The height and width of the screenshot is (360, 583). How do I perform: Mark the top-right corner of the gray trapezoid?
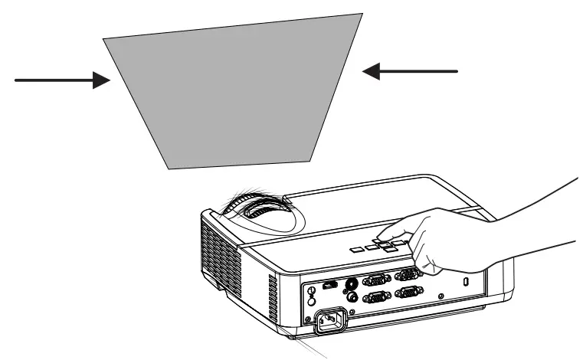click(x=362, y=12)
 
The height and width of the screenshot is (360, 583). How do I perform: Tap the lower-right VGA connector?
click(x=408, y=292)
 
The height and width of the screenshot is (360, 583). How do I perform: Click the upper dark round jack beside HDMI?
click(x=352, y=282)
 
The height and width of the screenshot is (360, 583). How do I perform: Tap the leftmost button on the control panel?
click(x=357, y=249)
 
